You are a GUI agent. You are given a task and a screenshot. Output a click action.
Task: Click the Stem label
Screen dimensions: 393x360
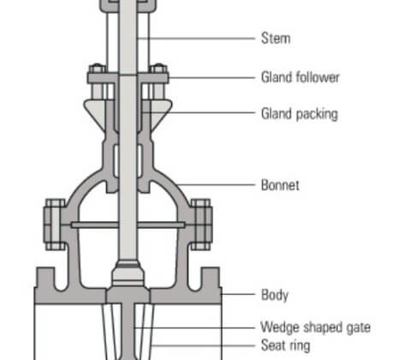276,39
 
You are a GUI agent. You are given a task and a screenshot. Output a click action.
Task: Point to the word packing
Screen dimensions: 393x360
317,114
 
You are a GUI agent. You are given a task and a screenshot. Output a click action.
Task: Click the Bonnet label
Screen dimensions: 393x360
280,185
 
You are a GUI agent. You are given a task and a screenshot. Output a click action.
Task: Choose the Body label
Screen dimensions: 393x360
275,295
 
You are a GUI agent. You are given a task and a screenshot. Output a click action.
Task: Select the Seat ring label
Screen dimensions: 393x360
285,345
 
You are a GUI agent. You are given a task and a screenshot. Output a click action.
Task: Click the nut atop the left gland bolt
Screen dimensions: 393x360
97,69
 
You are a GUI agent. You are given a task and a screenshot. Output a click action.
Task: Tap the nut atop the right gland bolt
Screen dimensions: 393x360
158,69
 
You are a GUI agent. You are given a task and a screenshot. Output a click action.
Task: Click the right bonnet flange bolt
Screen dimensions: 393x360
201,225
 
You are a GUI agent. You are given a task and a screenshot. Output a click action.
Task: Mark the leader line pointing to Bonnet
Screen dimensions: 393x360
215,184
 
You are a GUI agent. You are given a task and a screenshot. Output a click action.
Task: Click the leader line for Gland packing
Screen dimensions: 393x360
199,113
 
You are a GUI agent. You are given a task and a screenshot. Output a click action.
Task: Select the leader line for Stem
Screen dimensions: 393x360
196,38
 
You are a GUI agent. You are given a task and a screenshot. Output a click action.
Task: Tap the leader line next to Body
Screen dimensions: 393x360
238,294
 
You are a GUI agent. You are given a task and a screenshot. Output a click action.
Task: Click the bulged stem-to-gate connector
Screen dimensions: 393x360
128,273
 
